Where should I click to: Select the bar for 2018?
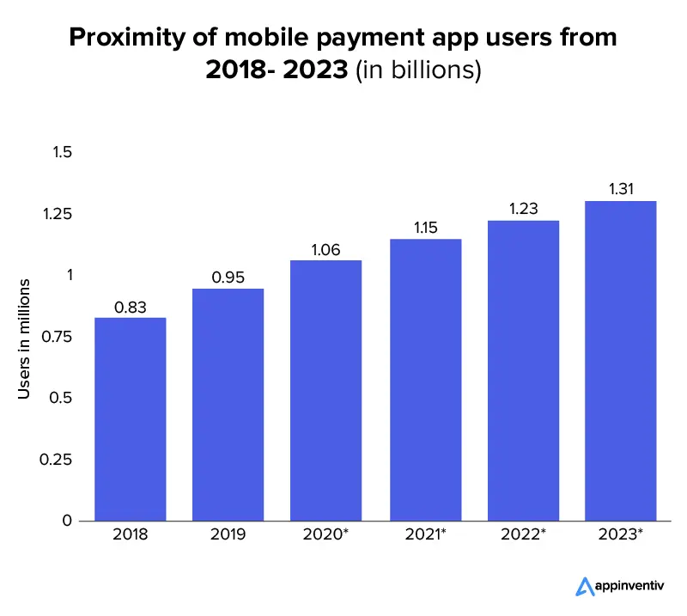tap(131, 419)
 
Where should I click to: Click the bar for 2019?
tap(228, 405)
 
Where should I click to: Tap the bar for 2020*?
tap(326, 391)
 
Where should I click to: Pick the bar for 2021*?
tap(425, 380)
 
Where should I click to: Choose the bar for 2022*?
tap(523, 370)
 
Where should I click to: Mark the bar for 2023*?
tap(621, 361)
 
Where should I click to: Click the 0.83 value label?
tap(131, 308)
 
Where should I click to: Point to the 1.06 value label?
tap(326, 250)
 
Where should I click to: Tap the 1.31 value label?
tap(621, 190)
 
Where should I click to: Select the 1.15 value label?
tap(425, 229)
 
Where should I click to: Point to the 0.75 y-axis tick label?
tap(58, 337)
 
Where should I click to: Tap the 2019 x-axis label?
tap(228, 534)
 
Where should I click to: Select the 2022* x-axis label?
tap(523, 534)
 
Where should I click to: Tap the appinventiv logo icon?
tap(585, 587)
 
